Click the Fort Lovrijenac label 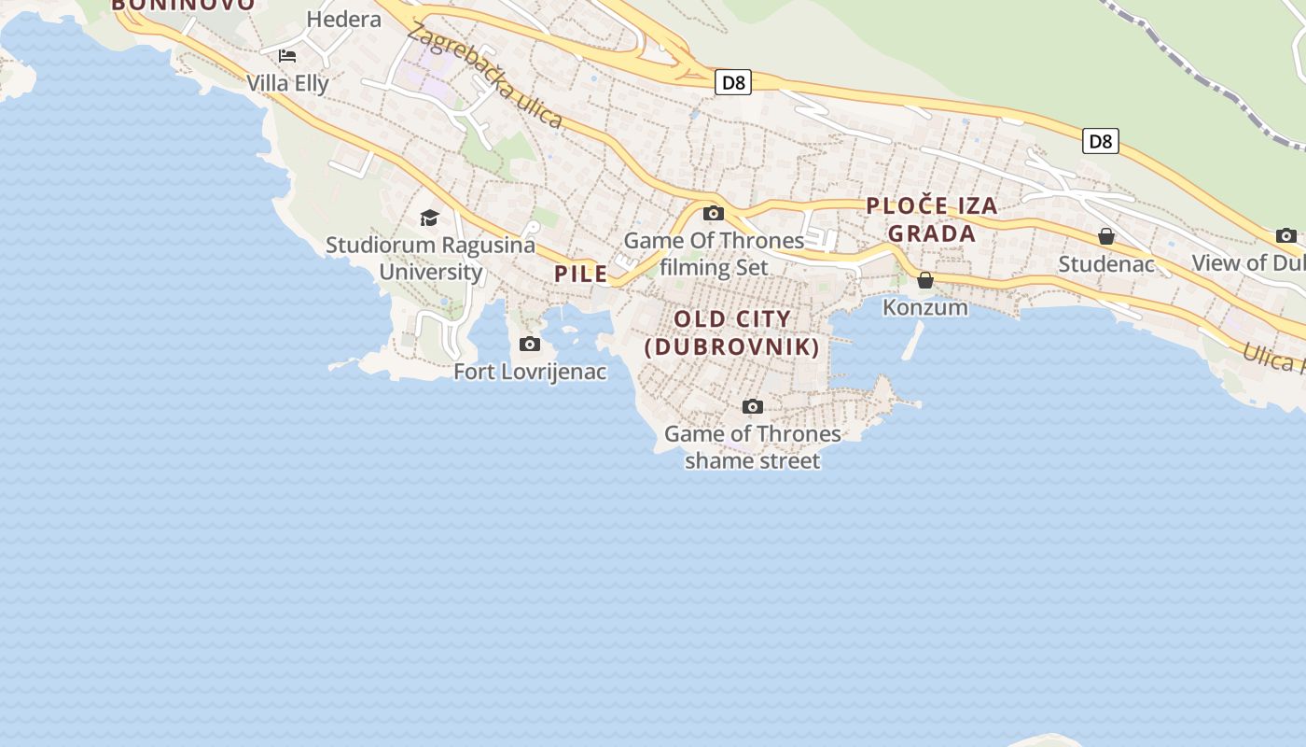click(x=530, y=372)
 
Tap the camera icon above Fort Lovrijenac click(x=530, y=345)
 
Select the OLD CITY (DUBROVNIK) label click(x=732, y=333)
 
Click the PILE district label click(x=581, y=275)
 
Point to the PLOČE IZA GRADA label click(x=932, y=219)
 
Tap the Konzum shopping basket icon click(x=925, y=280)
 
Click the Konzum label click(x=925, y=307)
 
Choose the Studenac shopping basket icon click(x=1106, y=236)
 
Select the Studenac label click(x=1106, y=264)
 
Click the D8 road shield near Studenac click(x=1101, y=142)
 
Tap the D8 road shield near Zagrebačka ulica click(x=734, y=83)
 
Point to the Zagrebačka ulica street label click(x=485, y=76)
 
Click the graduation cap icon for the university click(x=429, y=218)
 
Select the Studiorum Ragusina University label click(x=431, y=259)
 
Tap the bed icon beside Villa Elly click(x=287, y=56)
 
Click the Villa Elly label click(x=287, y=83)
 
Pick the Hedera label click(x=343, y=19)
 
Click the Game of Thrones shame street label click(x=753, y=447)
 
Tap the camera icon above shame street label click(x=753, y=406)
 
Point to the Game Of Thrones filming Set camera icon click(x=714, y=213)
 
